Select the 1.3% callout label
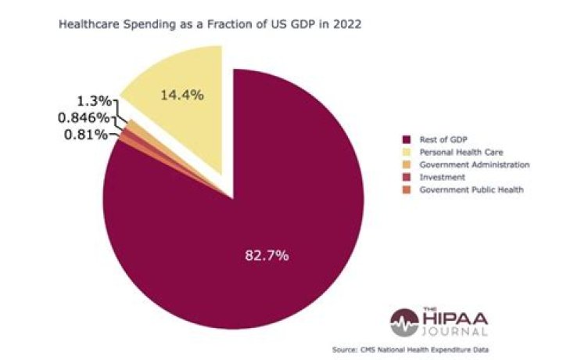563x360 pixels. pyautogui.click(x=95, y=101)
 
